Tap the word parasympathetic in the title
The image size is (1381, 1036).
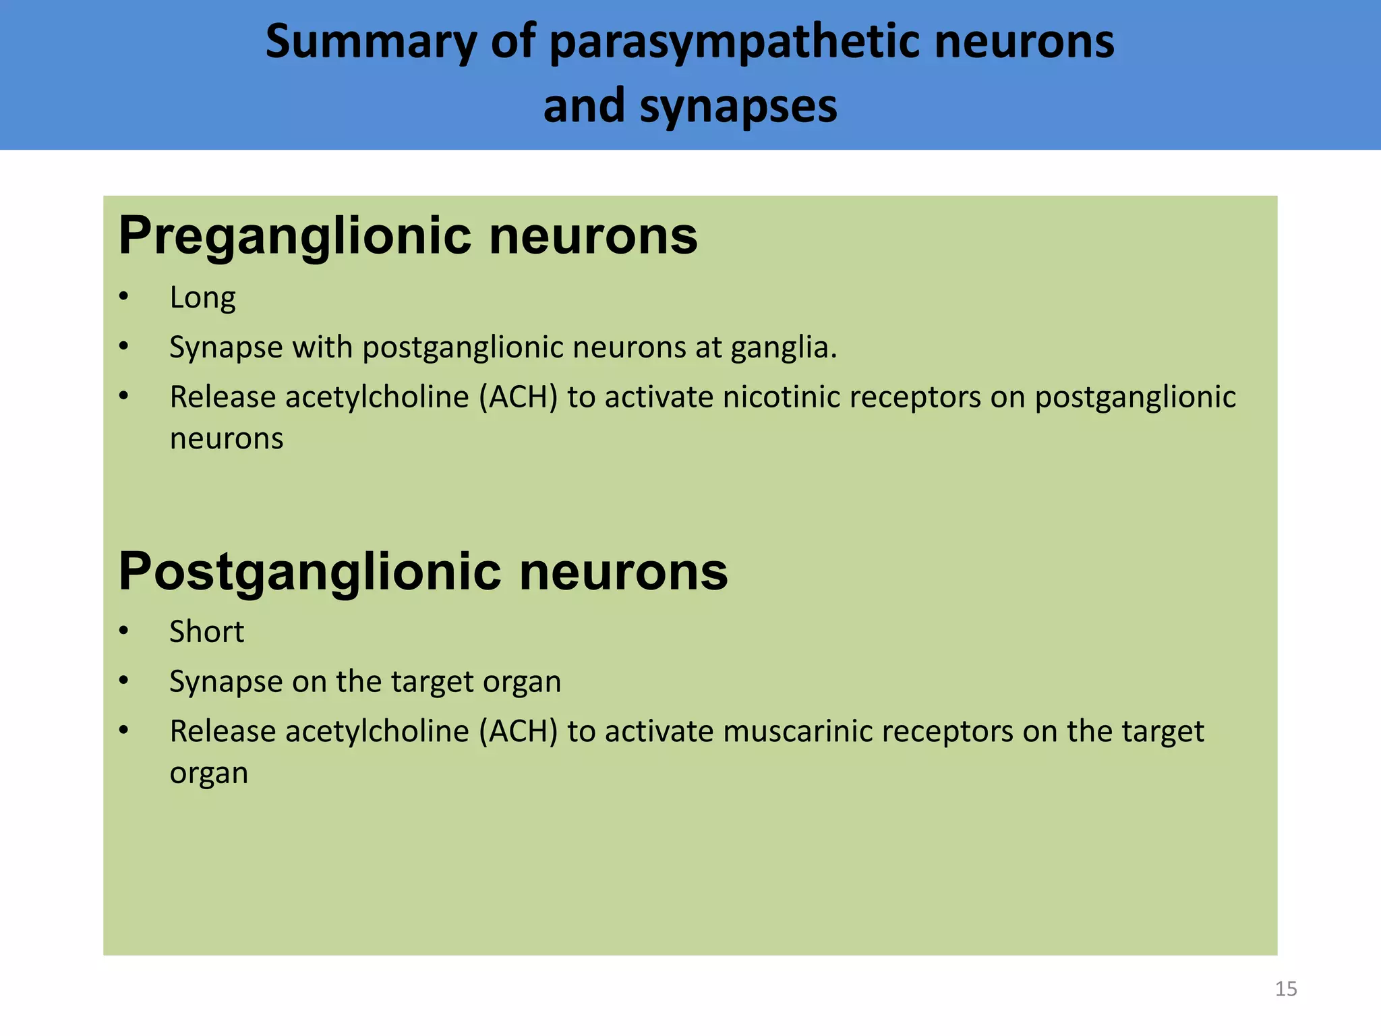click(x=734, y=42)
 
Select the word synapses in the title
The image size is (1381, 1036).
click(x=738, y=107)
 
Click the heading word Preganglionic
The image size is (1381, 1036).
click(x=295, y=236)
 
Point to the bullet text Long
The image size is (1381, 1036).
click(x=202, y=297)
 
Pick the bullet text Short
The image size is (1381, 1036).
click(x=206, y=632)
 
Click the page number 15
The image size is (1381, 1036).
click(x=1285, y=989)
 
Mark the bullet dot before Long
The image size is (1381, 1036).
click(x=123, y=297)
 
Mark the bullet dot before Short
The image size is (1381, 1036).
click(x=123, y=632)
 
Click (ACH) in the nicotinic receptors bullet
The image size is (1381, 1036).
click(x=518, y=397)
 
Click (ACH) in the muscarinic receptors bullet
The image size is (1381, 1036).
click(x=518, y=732)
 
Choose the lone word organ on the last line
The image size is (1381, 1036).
click(x=208, y=774)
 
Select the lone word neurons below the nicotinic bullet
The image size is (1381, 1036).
click(x=226, y=439)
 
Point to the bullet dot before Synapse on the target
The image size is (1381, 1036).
click(x=123, y=681)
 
